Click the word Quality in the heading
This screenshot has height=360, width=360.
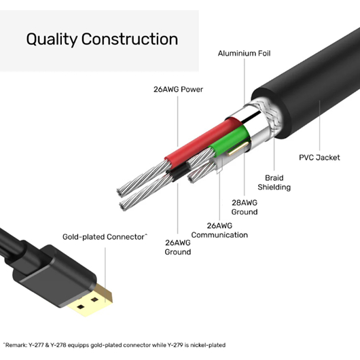(x=52, y=39)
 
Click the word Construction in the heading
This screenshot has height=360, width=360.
(x=130, y=39)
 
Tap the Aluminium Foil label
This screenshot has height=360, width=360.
(x=244, y=53)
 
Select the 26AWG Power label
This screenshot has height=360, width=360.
(x=178, y=89)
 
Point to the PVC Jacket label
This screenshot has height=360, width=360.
(x=319, y=158)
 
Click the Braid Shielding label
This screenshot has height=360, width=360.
(x=274, y=183)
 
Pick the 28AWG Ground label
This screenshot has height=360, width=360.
(x=245, y=207)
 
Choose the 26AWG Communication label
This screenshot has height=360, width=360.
(x=219, y=230)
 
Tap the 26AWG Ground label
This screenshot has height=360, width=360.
(x=178, y=247)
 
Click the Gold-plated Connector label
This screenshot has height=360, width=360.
(x=105, y=236)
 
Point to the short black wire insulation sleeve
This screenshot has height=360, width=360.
(x=178, y=173)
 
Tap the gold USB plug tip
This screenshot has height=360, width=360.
(x=92, y=300)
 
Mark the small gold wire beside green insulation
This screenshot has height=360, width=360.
(x=238, y=149)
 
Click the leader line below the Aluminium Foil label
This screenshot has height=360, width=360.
(x=245, y=82)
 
